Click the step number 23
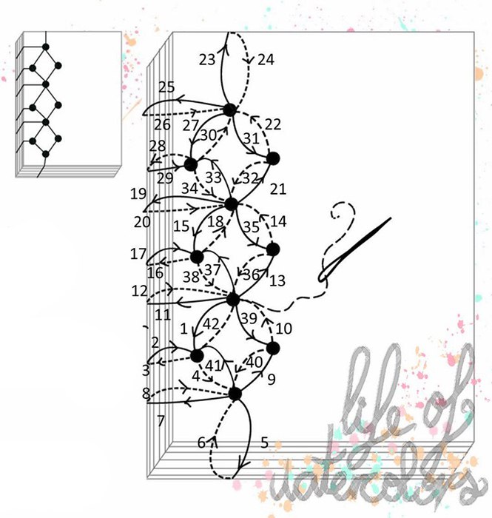click(x=207, y=60)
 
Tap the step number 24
click(x=266, y=60)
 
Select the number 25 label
click(x=166, y=87)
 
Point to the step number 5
click(x=264, y=443)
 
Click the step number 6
click(x=201, y=443)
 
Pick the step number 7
click(x=161, y=421)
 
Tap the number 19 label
click(x=138, y=194)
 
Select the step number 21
click(x=278, y=189)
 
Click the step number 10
click(x=283, y=329)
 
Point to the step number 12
click(x=139, y=292)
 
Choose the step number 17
click(x=138, y=254)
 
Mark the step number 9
click(x=271, y=380)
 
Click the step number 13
click(x=277, y=281)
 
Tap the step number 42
click(x=211, y=324)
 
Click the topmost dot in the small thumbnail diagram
click(x=46, y=47)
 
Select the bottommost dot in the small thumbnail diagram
click(x=46, y=154)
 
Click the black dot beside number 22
click(x=273, y=159)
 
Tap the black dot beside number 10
click(x=273, y=349)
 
